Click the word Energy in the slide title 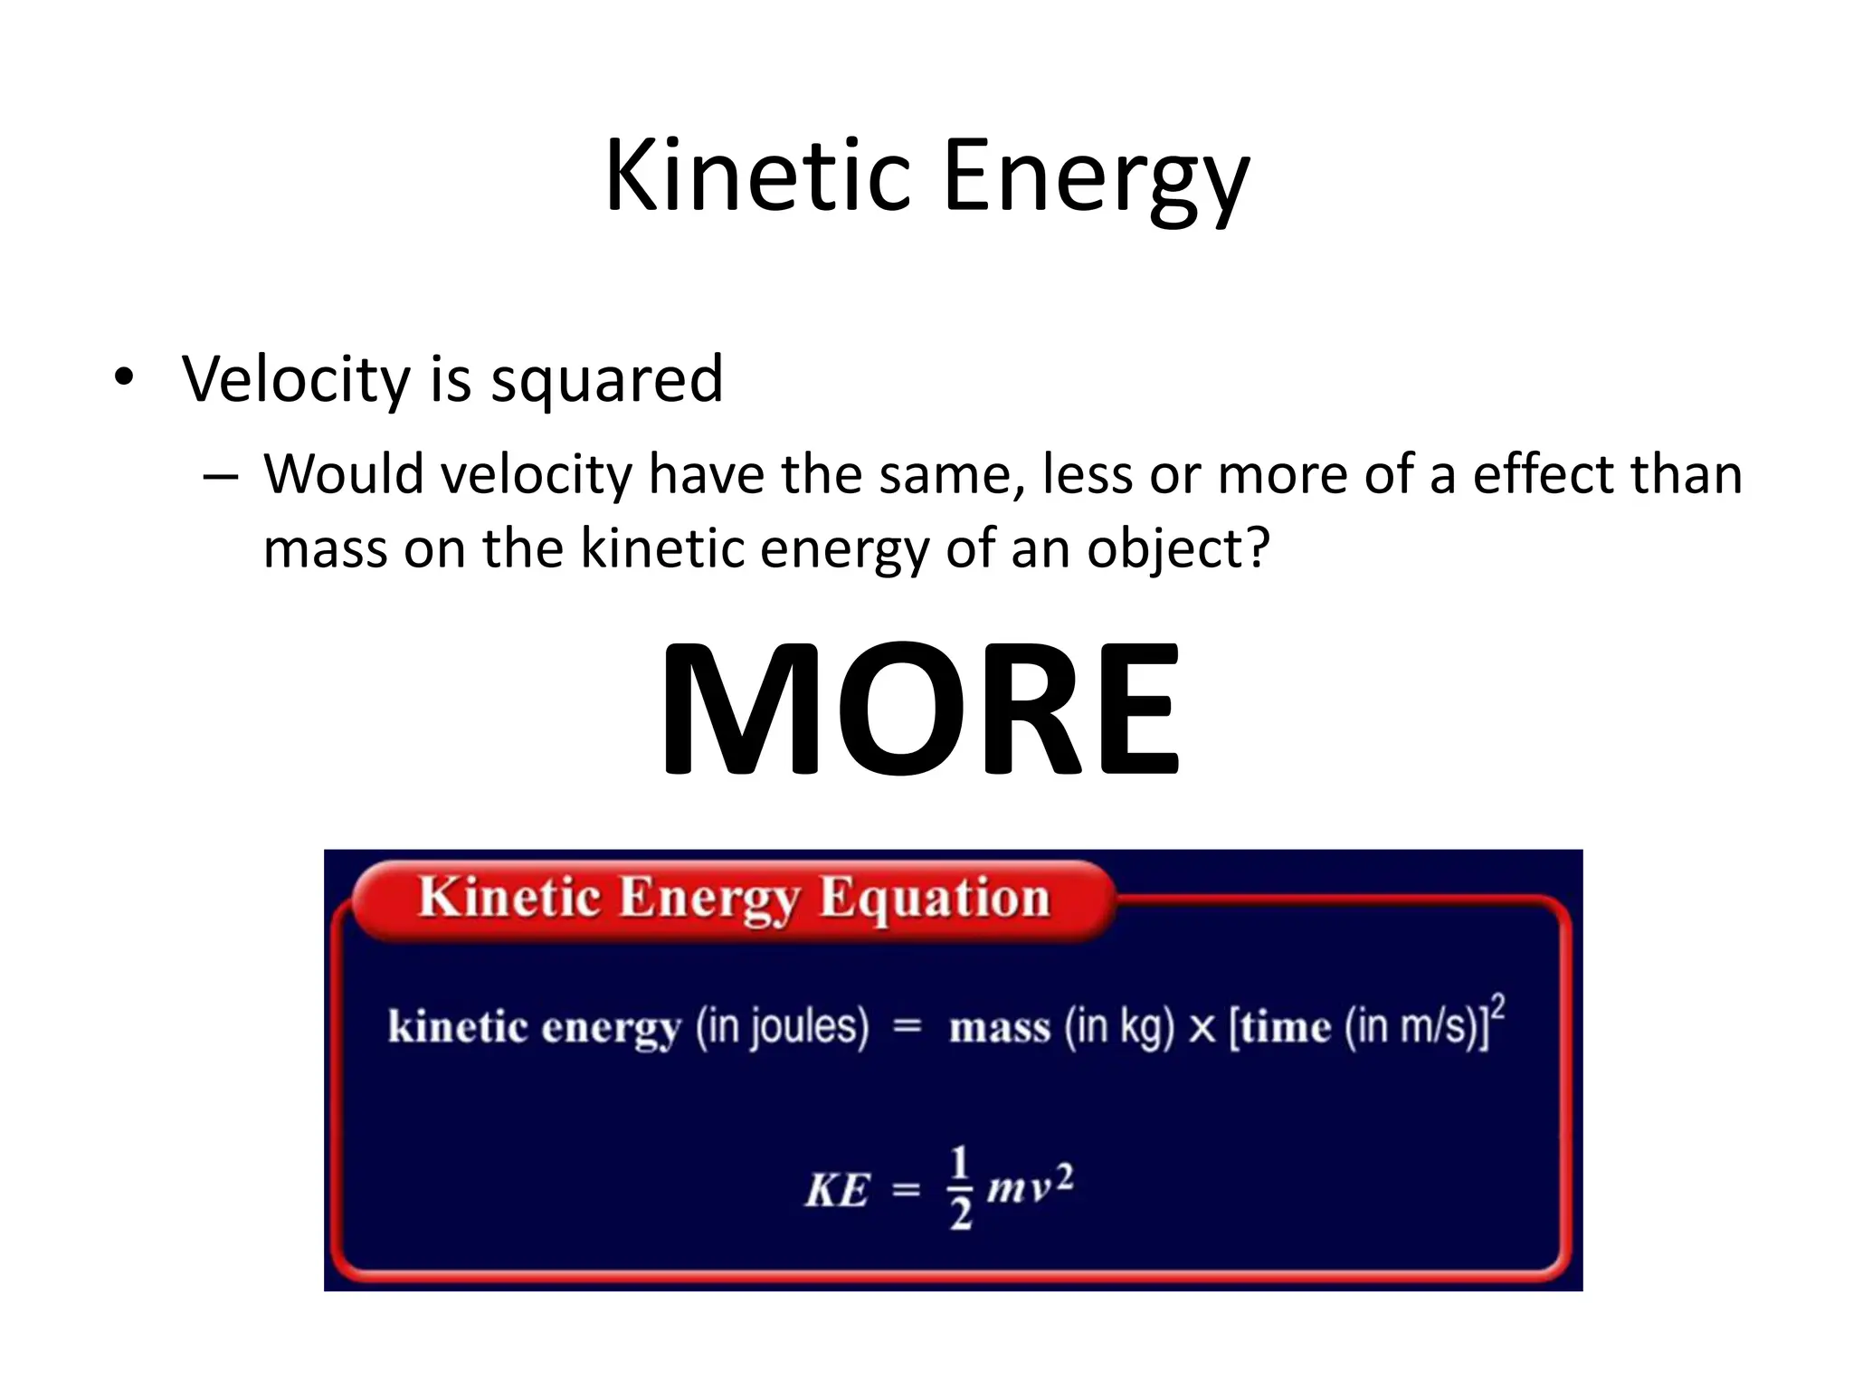tap(1096, 179)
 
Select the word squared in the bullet tap(606, 380)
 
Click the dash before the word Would tap(221, 476)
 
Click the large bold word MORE tap(920, 709)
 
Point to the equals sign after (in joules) tap(907, 1027)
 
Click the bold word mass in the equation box tap(1000, 1028)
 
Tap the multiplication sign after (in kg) tap(1202, 1029)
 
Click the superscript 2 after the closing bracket tap(1498, 1006)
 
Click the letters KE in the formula tap(837, 1189)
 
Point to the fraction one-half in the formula tap(960, 1187)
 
